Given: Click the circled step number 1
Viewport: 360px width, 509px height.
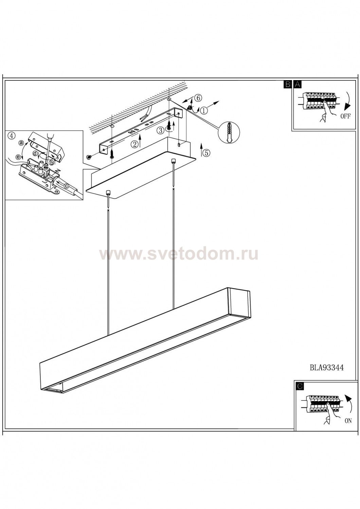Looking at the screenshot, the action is (x=204, y=110).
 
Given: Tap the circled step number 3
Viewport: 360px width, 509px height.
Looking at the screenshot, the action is (x=161, y=130).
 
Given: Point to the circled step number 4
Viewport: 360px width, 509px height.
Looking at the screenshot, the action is (x=12, y=136).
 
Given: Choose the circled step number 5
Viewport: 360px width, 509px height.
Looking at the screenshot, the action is (x=206, y=153).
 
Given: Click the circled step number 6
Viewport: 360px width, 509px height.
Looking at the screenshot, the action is (x=198, y=98).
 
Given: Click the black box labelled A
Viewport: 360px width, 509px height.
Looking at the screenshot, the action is (x=298, y=84).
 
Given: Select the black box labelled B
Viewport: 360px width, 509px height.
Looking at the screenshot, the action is (x=287, y=84).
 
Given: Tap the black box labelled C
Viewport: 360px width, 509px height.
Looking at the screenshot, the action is (x=300, y=387).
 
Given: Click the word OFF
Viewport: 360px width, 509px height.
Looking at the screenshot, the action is (x=345, y=116).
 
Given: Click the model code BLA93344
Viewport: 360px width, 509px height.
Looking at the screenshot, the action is (x=327, y=367).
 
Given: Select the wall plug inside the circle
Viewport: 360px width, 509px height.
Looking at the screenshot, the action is (x=229, y=132).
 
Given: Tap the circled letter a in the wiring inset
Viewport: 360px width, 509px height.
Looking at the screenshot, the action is (x=21, y=143).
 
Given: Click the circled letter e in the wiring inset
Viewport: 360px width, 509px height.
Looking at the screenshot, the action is (x=18, y=156).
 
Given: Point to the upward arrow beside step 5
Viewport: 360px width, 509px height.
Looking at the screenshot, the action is (x=201, y=150).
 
